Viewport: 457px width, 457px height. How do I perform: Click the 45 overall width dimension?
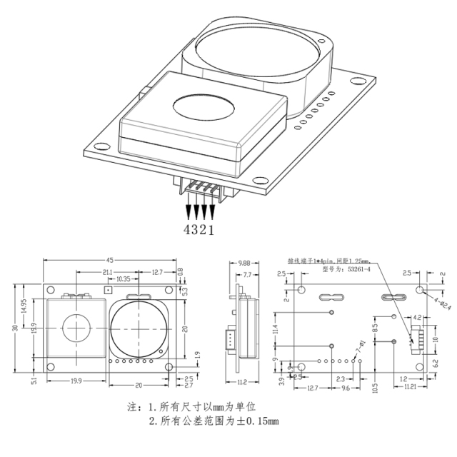point(110,260)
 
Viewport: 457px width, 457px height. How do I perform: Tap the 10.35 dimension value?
point(122,279)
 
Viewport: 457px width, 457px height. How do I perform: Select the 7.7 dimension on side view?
point(247,274)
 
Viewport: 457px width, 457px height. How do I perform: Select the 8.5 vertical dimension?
point(376,331)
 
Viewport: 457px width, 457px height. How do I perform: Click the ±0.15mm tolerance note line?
point(214,421)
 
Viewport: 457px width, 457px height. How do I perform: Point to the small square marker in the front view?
point(108,291)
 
